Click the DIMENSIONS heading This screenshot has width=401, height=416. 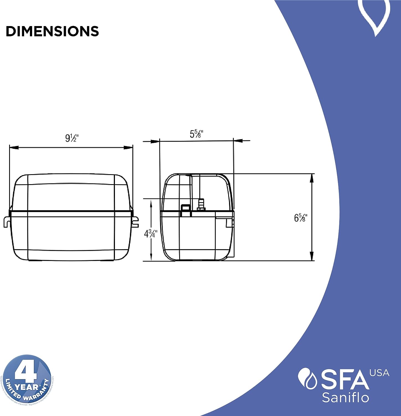point(52,31)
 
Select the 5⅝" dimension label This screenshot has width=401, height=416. point(197,134)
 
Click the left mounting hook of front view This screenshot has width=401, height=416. point(7,221)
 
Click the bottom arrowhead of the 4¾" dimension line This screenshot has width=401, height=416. point(151,257)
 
